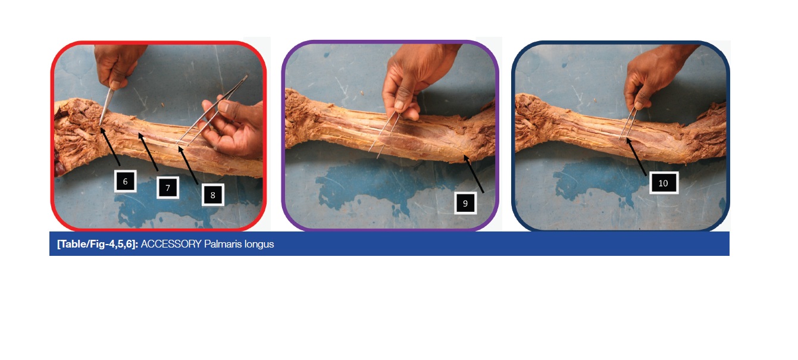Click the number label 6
point(125,181)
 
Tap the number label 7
point(168,187)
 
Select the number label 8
point(212,195)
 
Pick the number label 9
point(465,203)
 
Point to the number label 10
point(664,183)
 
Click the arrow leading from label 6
point(109,146)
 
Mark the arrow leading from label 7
point(148,152)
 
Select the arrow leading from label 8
point(188,165)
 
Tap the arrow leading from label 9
point(474,174)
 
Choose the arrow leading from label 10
point(636,156)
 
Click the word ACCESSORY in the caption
point(171,245)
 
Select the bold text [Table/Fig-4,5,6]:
point(97,245)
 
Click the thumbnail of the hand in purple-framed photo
point(399,104)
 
